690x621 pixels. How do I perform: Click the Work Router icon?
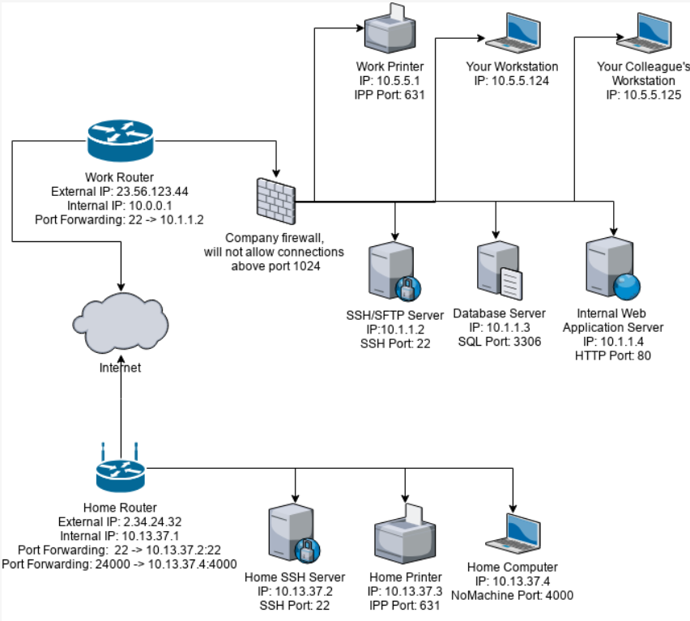pyautogui.click(x=119, y=138)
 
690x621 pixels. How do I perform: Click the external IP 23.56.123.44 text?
pyautogui.click(x=119, y=194)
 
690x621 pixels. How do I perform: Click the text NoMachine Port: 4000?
pyautogui.click(x=513, y=595)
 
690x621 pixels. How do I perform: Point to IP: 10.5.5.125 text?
pyautogui.click(x=644, y=95)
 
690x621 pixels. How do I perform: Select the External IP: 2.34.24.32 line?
pyautogui.click(x=120, y=523)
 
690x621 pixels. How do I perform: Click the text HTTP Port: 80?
pyautogui.click(x=613, y=355)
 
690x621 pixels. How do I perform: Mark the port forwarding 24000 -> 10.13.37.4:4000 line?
pyautogui.click(x=120, y=562)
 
